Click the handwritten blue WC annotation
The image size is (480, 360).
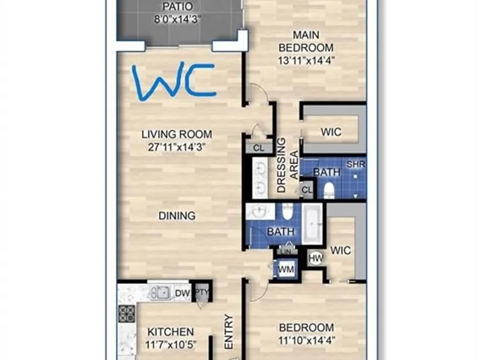[x=174, y=82]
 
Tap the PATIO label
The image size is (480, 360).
[x=177, y=6]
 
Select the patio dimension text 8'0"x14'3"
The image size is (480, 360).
[x=177, y=20]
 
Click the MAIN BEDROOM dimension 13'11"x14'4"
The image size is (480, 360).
[x=306, y=60]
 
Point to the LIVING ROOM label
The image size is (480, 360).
[x=177, y=134]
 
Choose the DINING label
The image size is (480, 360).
[x=177, y=216]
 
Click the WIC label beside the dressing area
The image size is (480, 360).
[x=331, y=132]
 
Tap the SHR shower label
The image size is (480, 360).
[x=356, y=164]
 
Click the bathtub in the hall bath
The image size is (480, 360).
[x=312, y=224]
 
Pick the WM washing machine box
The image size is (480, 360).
[x=286, y=269]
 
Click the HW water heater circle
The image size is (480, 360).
[x=316, y=258]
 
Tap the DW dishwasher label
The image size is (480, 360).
[x=182, y=293]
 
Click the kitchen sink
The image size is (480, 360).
[x=160, y=293]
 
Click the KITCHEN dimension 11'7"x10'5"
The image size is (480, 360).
[x=170, y=345]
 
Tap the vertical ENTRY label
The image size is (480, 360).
[x=229, y=332]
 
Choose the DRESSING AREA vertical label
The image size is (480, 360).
[x=287, y=165]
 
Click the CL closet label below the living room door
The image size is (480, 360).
[x=259, y=148]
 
